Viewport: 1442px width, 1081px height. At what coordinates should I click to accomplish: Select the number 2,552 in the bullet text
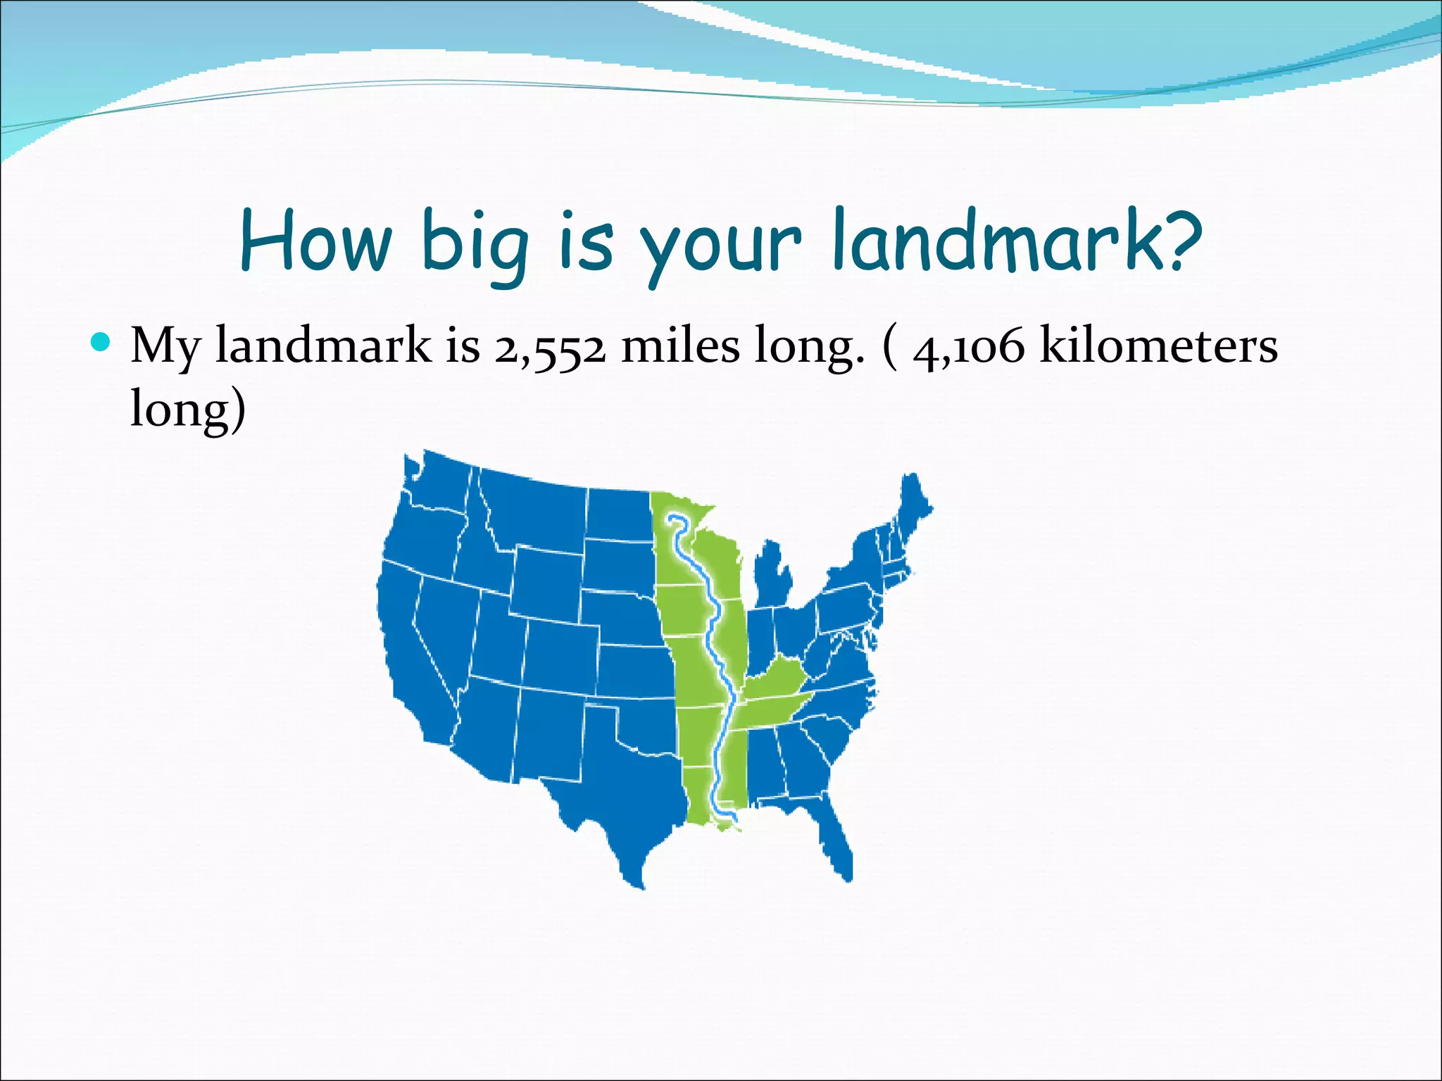[x=549, y=347]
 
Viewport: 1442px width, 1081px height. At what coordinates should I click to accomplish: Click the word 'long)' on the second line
[x=188, y=409]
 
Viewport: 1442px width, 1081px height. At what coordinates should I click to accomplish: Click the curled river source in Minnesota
[x=676, y=521]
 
